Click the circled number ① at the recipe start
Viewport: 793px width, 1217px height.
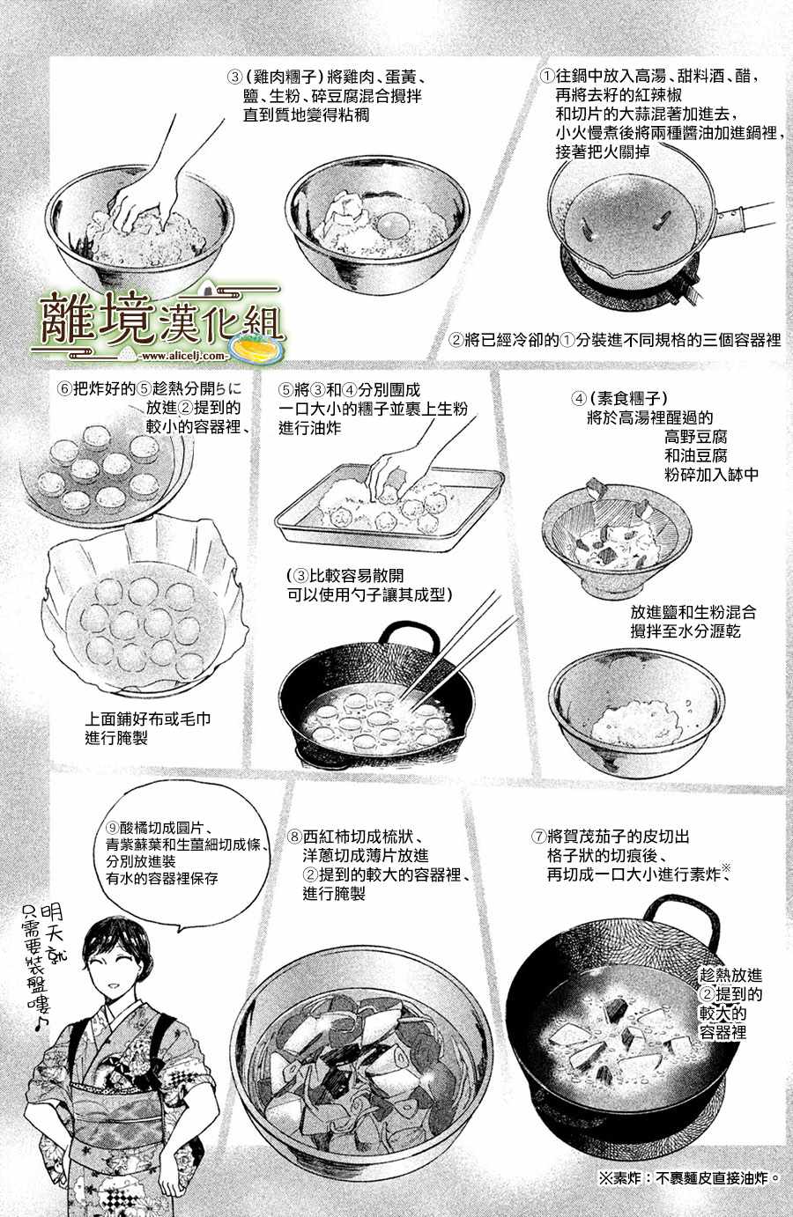[547, 76]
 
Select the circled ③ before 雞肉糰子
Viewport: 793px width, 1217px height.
[234, 77]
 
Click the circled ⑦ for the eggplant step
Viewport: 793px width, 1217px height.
[538, 837]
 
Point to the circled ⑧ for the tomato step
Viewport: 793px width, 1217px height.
[294, 837]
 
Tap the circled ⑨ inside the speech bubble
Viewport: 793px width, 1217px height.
[113, 828]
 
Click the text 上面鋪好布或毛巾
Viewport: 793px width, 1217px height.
[148, 719]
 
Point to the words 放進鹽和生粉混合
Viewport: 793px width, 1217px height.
[693, 612]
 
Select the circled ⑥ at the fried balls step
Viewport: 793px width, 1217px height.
[64, 389]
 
